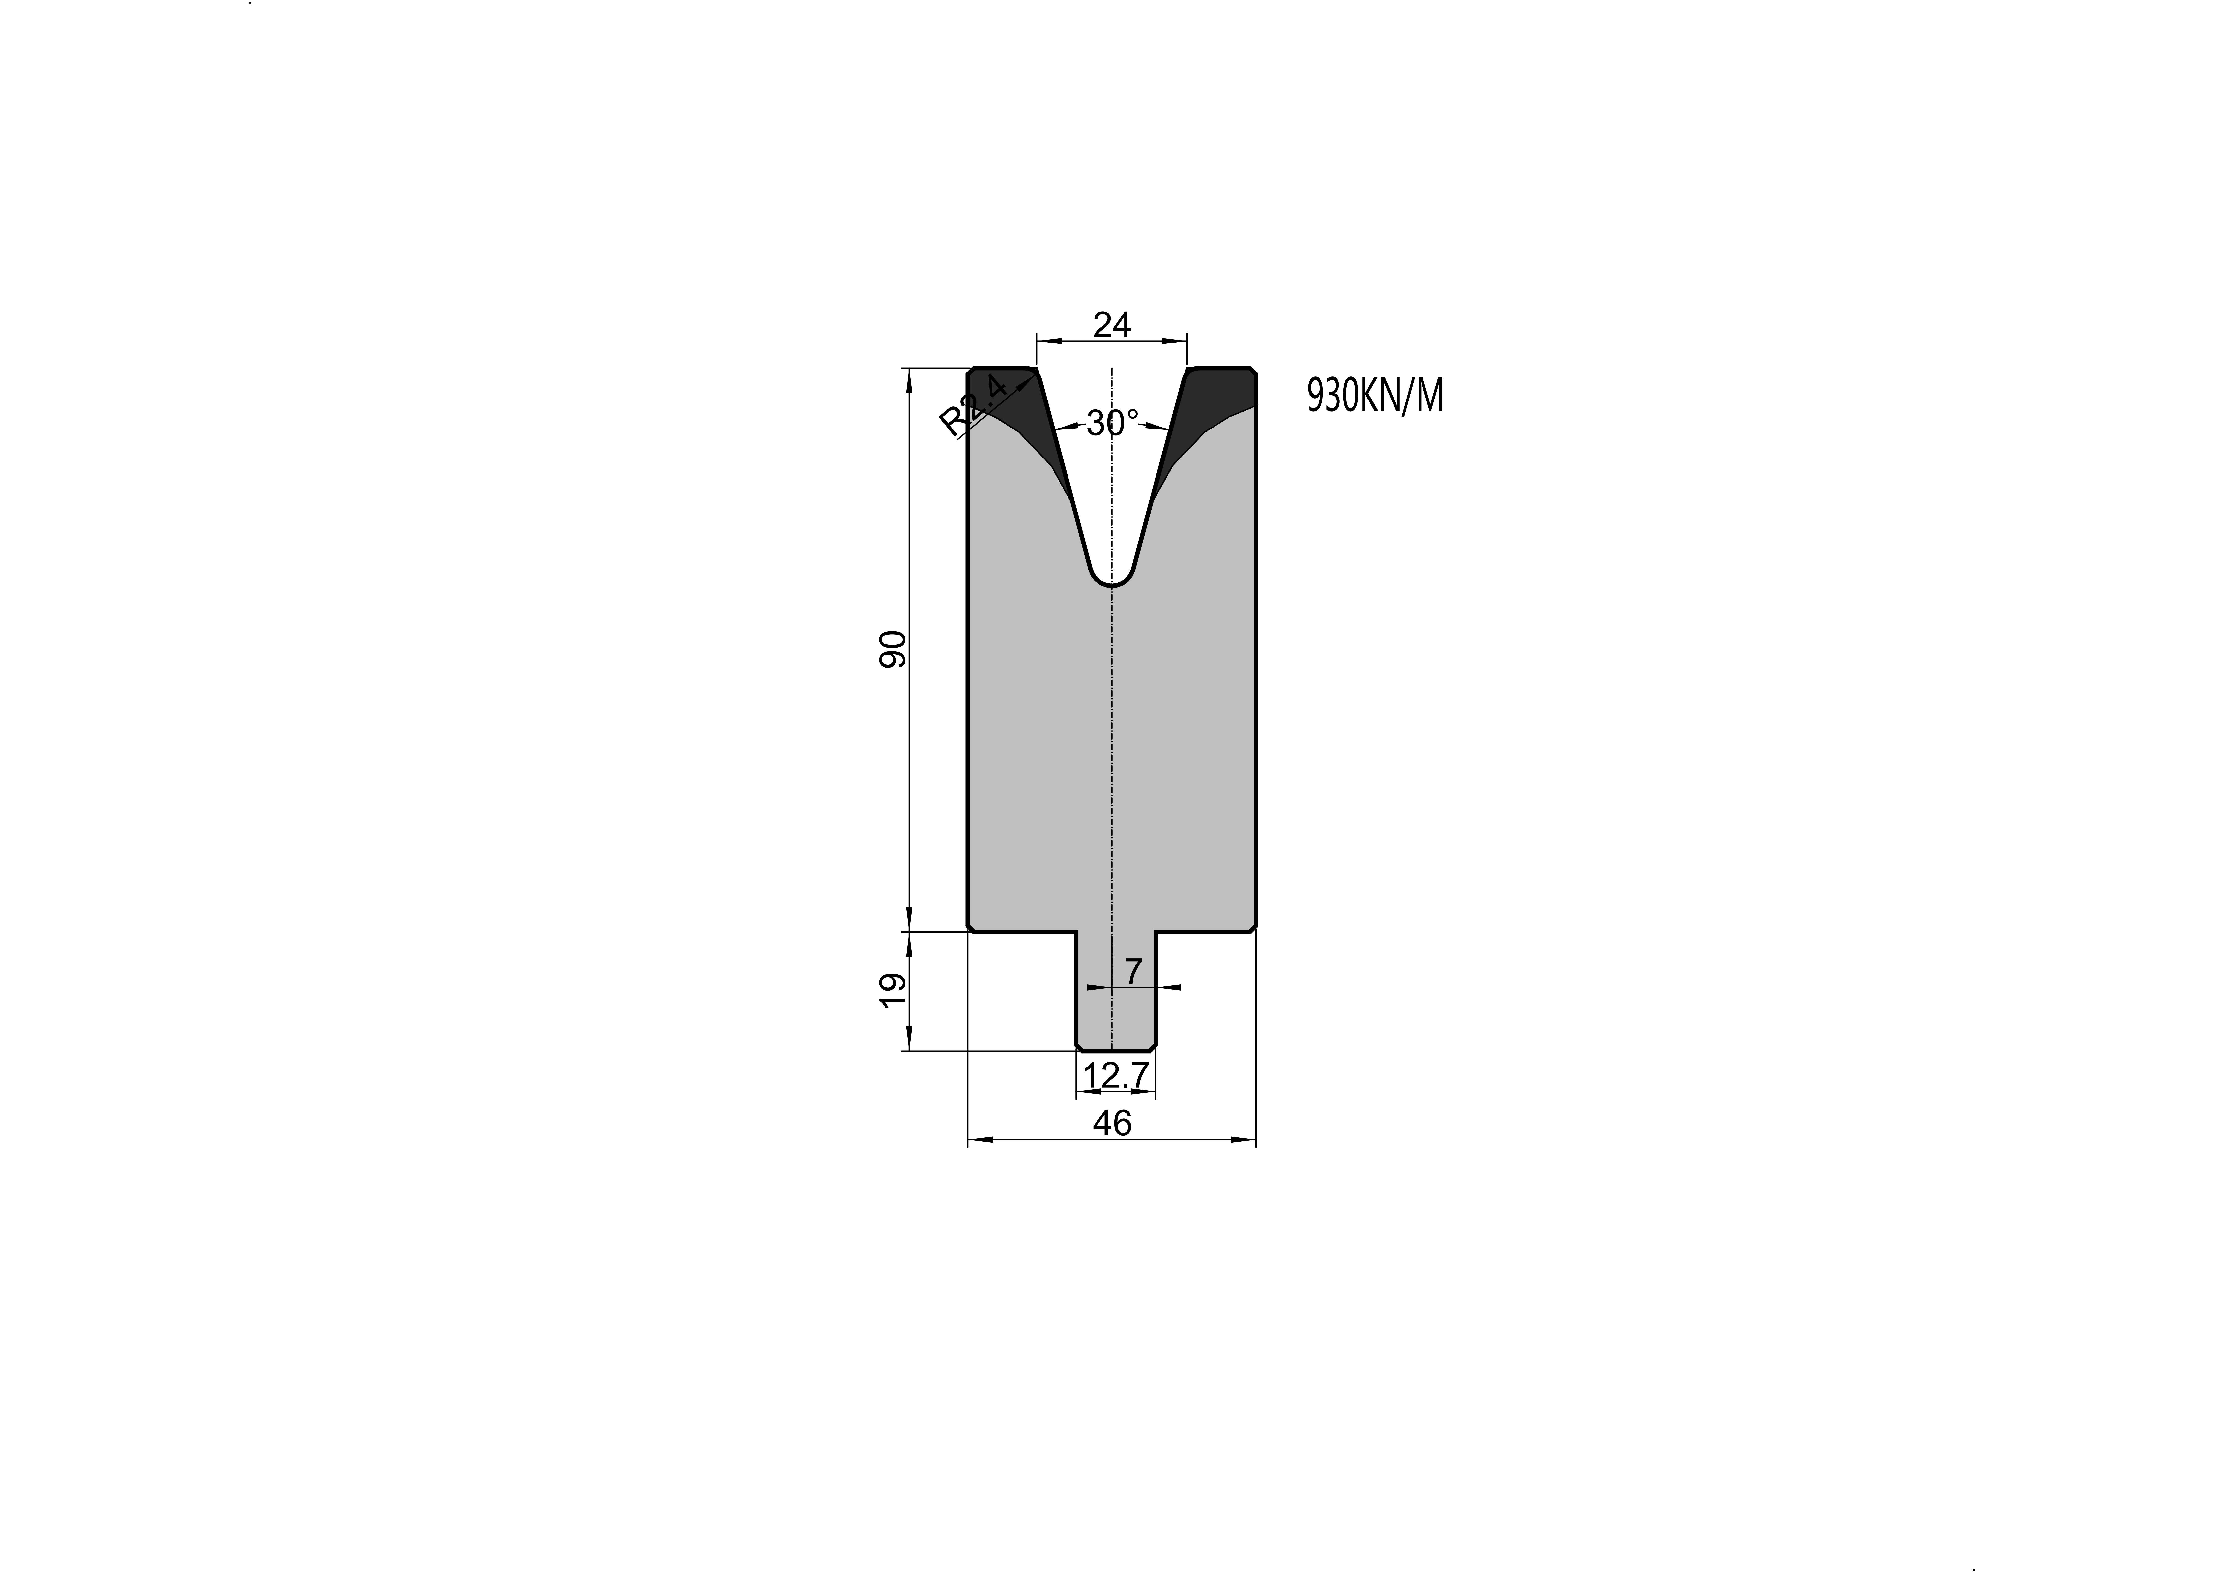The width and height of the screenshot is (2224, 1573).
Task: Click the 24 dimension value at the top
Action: pyautogui.click(x=1112, y=324)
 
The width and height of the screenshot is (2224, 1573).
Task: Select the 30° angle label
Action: pyautogui.click(x=1112, y=423)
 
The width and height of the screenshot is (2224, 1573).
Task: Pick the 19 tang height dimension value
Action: pyautogui.click(x=892, y=991)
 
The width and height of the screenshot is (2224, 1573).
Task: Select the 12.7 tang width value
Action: pyautogui.click(x=1116, y=1075)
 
